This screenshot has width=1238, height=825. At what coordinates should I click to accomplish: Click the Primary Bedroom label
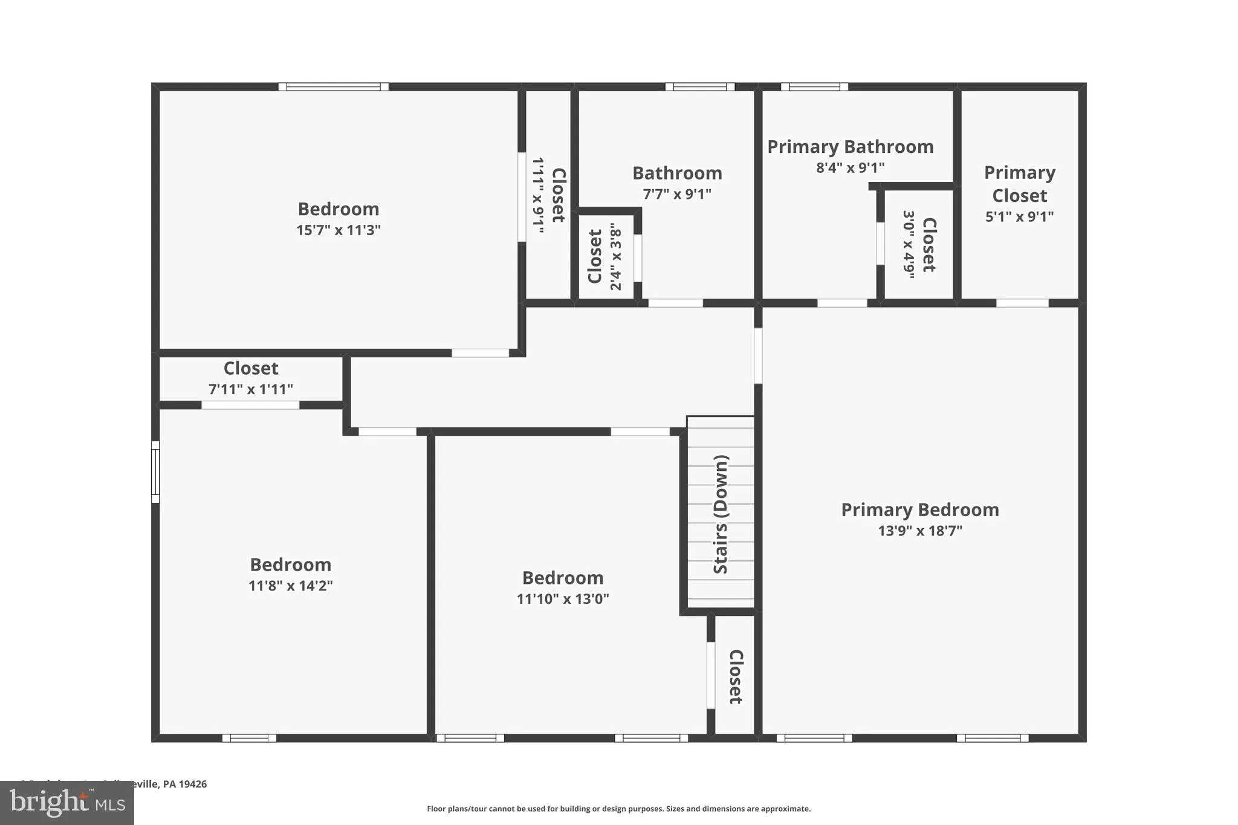919,510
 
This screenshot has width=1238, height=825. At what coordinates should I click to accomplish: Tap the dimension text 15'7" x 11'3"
338,230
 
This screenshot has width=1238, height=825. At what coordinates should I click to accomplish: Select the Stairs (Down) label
721,514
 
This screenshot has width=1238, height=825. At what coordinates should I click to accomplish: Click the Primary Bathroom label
850,147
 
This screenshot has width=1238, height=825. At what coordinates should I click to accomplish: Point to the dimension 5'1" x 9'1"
1019,216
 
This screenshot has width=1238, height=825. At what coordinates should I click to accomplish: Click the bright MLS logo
66,803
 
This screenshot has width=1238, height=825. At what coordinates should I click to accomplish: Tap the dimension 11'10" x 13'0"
562,599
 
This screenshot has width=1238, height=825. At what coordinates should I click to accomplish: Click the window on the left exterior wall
155,471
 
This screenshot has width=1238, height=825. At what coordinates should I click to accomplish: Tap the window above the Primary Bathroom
814,87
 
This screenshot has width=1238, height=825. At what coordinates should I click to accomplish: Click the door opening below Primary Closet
1022,303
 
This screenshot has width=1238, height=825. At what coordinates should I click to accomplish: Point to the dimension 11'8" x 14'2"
290,586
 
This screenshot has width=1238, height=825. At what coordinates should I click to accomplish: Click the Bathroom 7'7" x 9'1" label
677,173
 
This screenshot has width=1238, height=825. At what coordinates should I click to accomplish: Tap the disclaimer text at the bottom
618,809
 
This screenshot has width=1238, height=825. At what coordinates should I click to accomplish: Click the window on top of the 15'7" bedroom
333,87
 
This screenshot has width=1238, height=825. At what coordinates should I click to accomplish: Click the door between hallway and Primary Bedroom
758,355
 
